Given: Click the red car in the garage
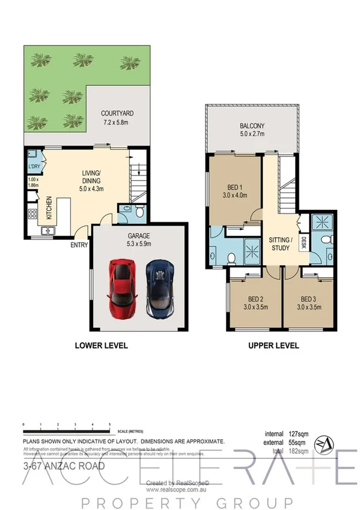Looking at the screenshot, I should pos(120,290).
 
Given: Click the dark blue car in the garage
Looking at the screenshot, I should pos(159,290).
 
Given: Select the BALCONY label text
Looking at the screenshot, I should pos(251,126).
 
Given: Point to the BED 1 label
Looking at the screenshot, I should pos(235,188).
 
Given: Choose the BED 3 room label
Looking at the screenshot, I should pos(308,299).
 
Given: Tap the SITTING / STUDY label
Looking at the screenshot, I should pos(280,243).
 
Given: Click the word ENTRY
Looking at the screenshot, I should pos(79,245).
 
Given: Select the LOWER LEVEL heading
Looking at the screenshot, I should pos(101,345).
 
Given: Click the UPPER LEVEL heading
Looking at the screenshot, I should pos(274,345).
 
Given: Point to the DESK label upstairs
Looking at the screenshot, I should pos(304,243).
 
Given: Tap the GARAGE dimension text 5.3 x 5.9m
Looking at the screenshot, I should pos(139,244).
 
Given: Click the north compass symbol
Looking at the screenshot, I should pos(326,441).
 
